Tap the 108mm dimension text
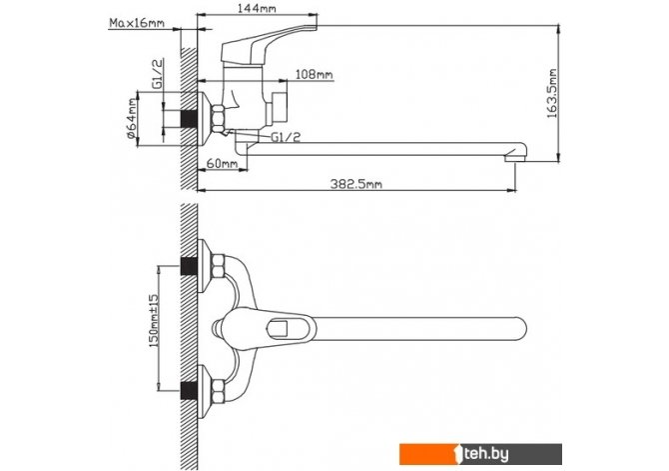tap(315, 74)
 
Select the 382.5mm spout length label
tap(356, 183)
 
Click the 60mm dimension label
tap(222, 163)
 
